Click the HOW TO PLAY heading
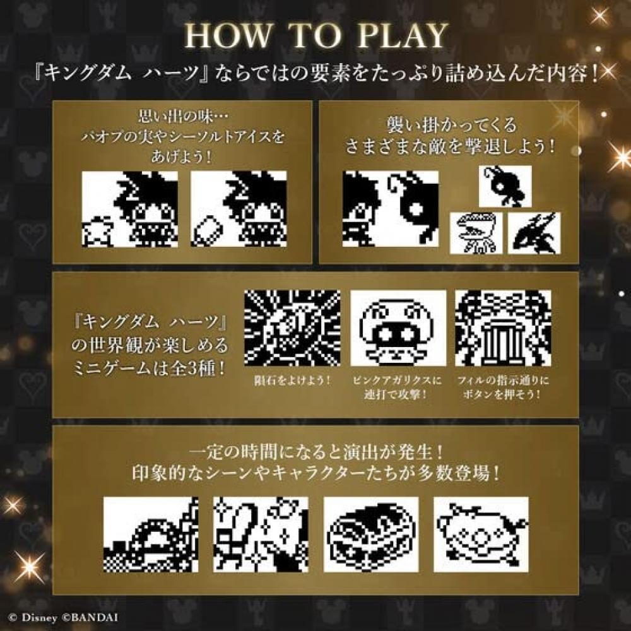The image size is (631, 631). tap(315, 37)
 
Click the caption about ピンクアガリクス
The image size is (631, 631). tap(398, 387)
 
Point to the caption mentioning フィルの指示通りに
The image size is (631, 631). tap(503, 387)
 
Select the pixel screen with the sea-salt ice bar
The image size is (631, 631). tap(239, 209)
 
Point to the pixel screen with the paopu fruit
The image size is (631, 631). tap(130, 209)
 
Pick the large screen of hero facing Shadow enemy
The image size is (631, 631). tap(391, 211)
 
